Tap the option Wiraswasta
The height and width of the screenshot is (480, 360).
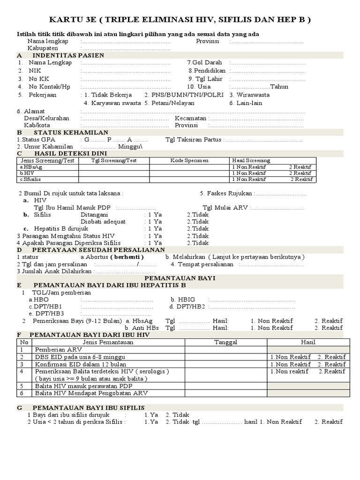(250, 95)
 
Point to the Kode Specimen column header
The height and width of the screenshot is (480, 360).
(189, 160)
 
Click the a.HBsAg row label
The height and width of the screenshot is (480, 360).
(28, 167)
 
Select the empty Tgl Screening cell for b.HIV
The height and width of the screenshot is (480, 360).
(114, 173)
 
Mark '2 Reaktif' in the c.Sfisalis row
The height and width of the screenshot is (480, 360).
(301, 179)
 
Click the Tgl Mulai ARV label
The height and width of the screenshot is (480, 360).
(225, 208)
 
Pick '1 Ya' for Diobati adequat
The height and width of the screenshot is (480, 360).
(155, 222)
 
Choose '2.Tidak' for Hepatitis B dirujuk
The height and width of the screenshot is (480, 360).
(198, 229)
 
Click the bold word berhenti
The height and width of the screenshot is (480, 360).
(127, 257)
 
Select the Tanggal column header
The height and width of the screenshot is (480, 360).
(226, 342)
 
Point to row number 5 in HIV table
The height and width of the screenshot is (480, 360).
(21, 386)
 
